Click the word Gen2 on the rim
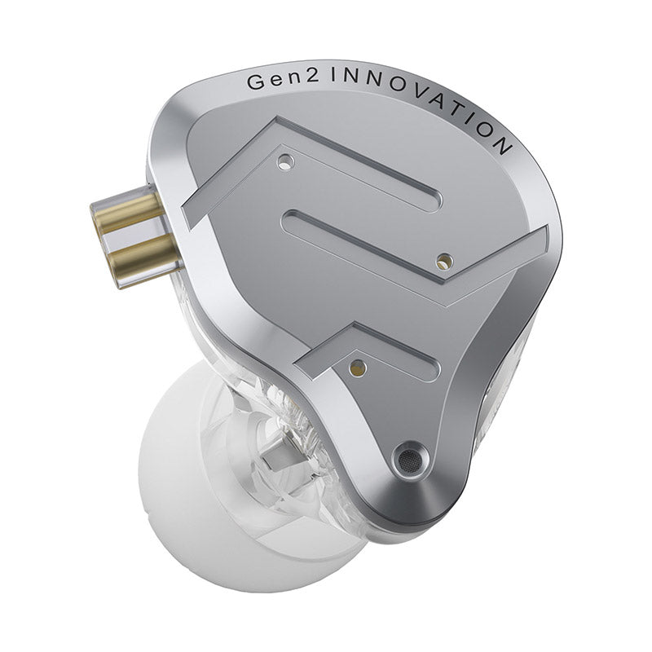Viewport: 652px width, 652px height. (283, 80)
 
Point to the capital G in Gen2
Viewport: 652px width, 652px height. (256, 81)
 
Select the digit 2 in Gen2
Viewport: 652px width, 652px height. (312, 78)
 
